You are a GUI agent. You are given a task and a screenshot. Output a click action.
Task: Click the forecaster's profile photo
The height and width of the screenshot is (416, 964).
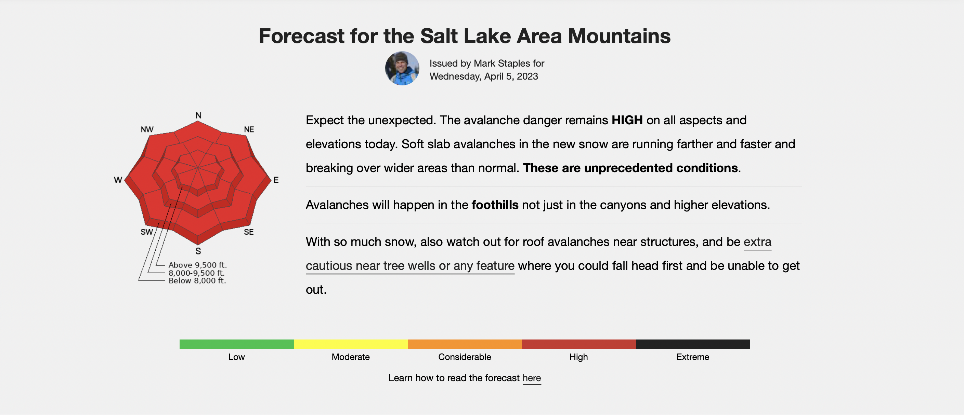[402, 68]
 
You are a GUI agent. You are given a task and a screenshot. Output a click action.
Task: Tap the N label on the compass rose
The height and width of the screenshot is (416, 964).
[198, 115]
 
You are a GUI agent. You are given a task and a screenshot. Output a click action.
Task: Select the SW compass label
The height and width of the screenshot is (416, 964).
[147, 232]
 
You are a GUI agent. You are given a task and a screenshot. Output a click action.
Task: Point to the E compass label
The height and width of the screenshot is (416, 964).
[276, 180]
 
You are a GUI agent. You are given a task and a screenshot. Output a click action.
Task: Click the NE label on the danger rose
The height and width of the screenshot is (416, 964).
[249, 129]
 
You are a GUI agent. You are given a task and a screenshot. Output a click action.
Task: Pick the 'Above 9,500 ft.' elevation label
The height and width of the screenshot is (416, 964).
[198, 265]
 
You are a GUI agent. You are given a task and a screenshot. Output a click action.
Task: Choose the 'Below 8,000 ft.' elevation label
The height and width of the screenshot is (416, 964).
[197, 281]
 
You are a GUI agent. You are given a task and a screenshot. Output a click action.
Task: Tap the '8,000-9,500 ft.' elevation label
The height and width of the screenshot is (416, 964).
[196, 273]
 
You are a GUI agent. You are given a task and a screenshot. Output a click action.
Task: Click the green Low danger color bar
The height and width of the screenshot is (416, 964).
[236, 344]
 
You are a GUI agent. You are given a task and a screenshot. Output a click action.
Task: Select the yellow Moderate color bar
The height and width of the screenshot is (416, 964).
[351, 344]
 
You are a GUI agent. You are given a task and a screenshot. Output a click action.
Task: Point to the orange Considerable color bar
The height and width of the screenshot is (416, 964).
[465, 344]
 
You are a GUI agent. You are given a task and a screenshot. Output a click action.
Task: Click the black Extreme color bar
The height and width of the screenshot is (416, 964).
[693, 344]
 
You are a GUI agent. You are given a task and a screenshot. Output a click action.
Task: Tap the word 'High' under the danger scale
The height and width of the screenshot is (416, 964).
[578, 357]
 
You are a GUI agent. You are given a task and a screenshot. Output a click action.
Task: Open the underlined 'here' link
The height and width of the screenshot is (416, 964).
[532, 378]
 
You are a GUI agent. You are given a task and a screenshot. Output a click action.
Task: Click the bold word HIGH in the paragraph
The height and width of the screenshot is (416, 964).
[627, 120]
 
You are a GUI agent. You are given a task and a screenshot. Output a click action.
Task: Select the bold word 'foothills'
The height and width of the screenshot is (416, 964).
[495, 205]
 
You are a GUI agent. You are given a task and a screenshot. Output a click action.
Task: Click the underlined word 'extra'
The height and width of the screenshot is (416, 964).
[757, 242]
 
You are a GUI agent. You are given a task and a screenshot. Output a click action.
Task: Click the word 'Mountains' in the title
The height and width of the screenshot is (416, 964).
[619, 36]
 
